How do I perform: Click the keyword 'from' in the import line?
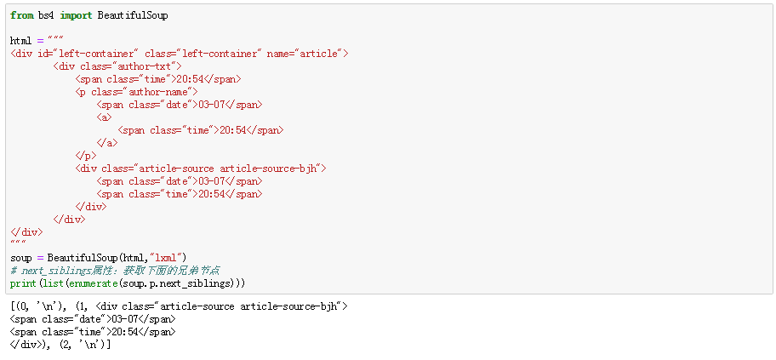[x=22, y=15]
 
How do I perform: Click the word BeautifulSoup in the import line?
[x=133, y=15]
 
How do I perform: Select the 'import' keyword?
[x=77, y=16]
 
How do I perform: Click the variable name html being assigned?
[x=20, y=41]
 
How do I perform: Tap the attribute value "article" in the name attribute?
[x=318, y=54]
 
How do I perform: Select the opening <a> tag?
[x=105, y=117]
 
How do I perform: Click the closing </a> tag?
[x=107, y=143]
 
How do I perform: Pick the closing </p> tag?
[x=86, y=156]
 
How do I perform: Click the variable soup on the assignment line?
[x=20, y=258]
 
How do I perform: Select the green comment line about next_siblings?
[x=115, y=271]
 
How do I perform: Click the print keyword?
[x=23, y=283]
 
